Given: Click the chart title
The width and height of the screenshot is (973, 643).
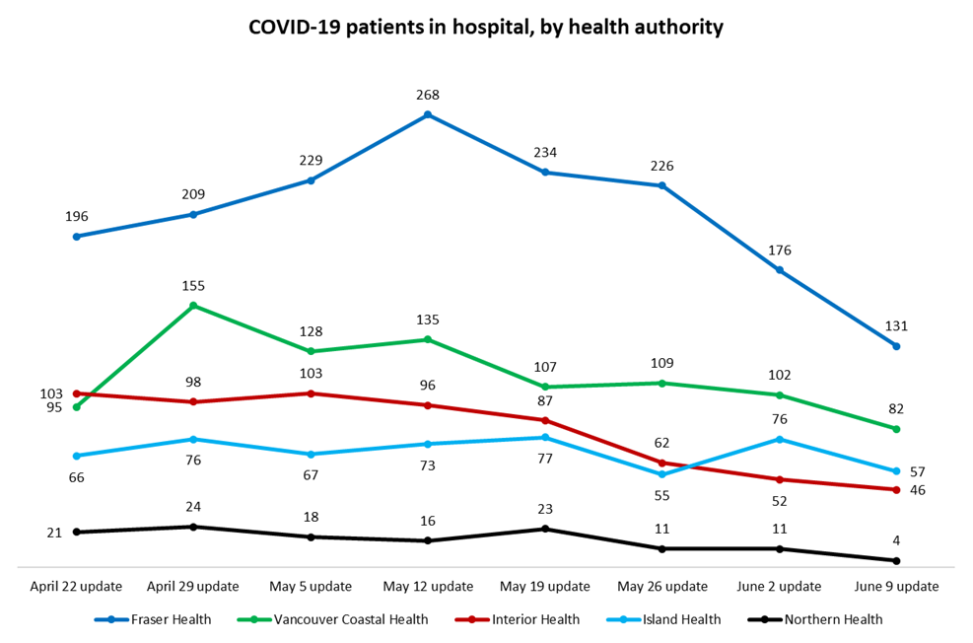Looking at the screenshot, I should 486,28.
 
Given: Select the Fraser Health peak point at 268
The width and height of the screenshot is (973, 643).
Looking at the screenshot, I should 428,115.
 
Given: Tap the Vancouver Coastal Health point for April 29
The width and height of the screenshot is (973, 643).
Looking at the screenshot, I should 193,306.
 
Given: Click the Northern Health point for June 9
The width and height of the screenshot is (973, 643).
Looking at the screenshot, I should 896,561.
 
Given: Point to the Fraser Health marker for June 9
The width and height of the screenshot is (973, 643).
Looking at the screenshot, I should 896,346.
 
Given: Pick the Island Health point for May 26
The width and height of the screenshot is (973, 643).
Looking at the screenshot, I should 661,475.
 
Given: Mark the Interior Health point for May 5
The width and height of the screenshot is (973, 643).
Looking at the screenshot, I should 311,393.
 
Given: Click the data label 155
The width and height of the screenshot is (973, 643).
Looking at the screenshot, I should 193,285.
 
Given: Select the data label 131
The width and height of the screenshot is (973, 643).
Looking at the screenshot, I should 896,325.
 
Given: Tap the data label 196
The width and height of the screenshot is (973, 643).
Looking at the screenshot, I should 76,216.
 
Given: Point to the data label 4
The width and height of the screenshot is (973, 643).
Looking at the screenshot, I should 896,540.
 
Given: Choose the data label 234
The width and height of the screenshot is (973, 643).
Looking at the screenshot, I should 545,152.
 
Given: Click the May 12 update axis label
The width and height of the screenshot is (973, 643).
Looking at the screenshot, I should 428,586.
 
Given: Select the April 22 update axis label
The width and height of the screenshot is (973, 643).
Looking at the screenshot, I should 76,586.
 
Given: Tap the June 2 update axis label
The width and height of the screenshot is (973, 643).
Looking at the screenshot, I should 779,586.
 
